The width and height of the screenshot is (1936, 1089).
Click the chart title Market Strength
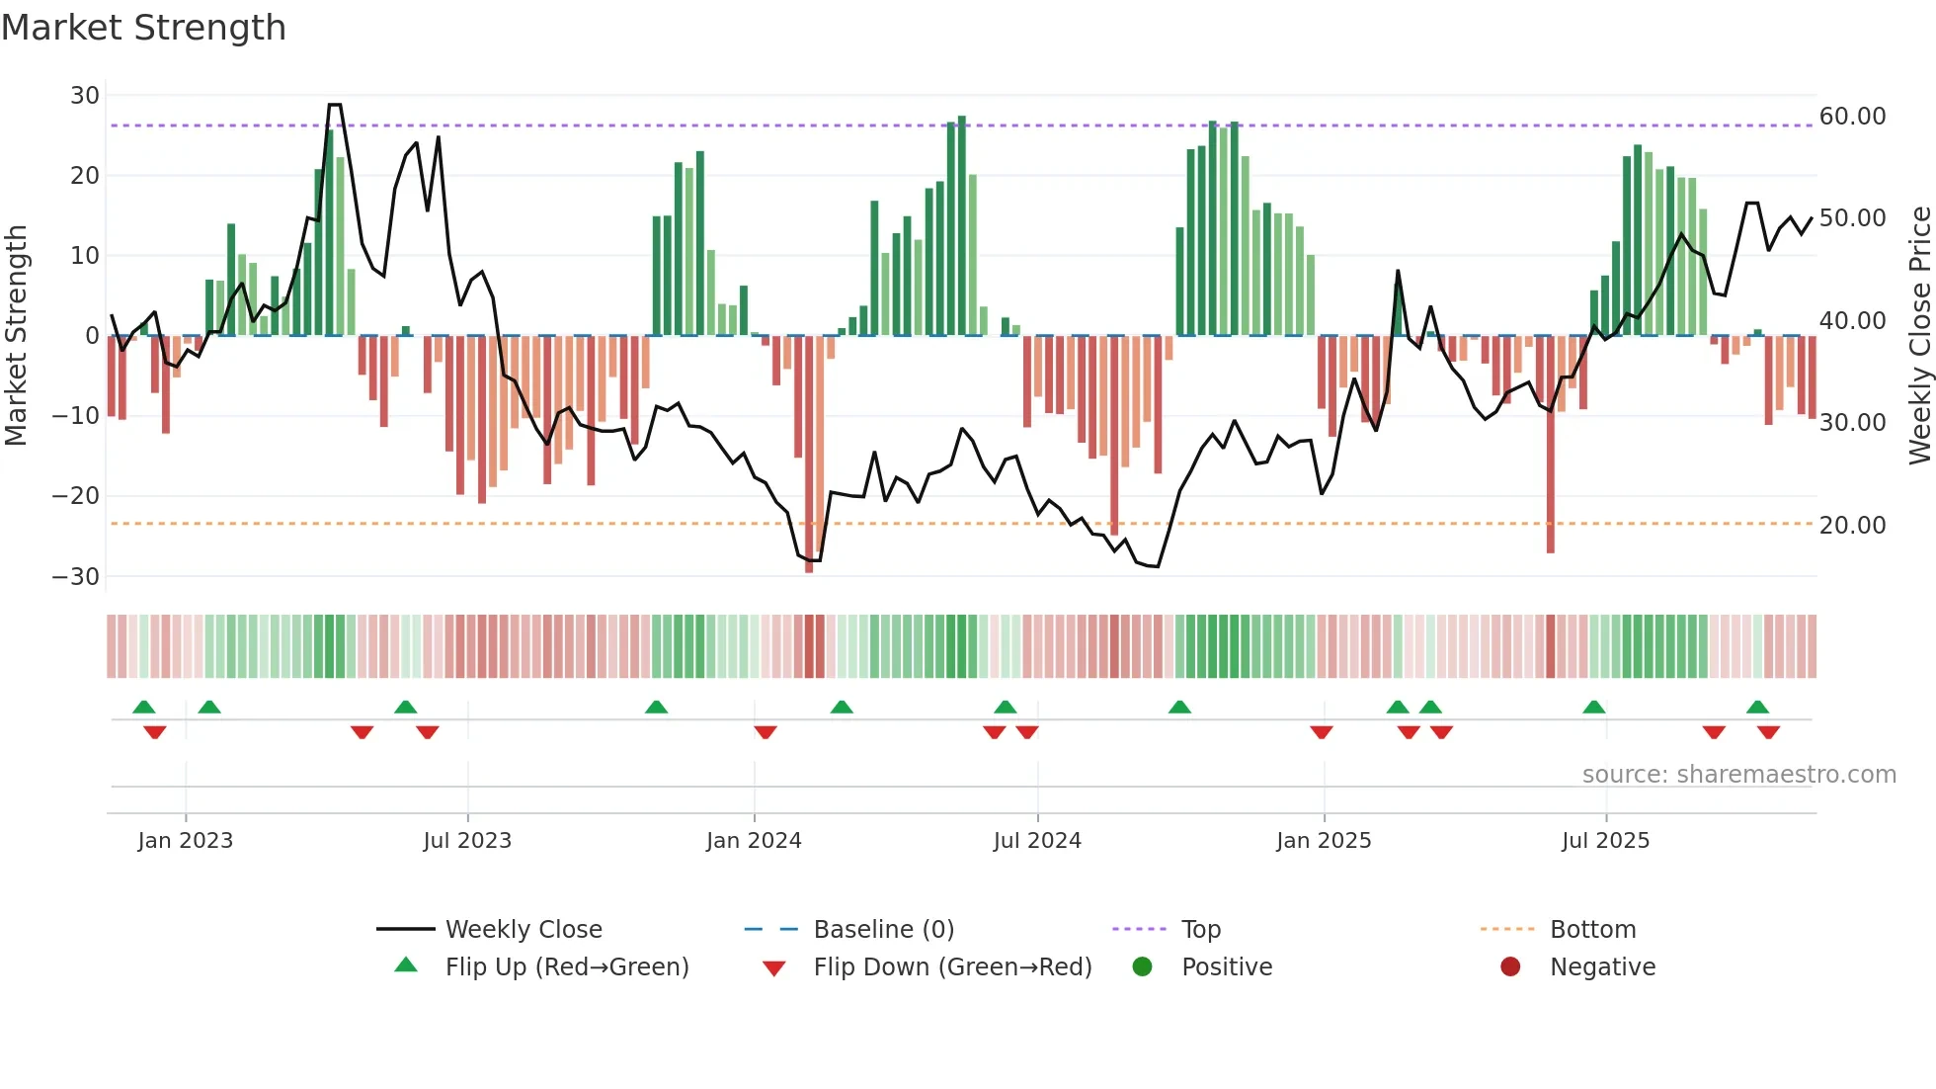click(143, 28)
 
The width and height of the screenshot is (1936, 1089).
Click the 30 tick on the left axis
click(85, 96)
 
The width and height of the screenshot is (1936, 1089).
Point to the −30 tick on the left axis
click(76, 576)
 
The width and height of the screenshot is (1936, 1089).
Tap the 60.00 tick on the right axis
click(1852, 117)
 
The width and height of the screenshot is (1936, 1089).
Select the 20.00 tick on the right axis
click(1852, 526)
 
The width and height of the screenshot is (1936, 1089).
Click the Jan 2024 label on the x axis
click(754, 841)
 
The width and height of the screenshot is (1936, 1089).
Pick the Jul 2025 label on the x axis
click(1605, 841)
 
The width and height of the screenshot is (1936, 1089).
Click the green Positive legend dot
click(1143, 967)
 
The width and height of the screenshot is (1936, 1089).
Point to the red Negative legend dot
click(1510, 967)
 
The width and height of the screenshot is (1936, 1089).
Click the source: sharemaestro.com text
click(1738, 775)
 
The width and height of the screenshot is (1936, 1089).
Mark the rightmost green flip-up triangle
click(1757, 707)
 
